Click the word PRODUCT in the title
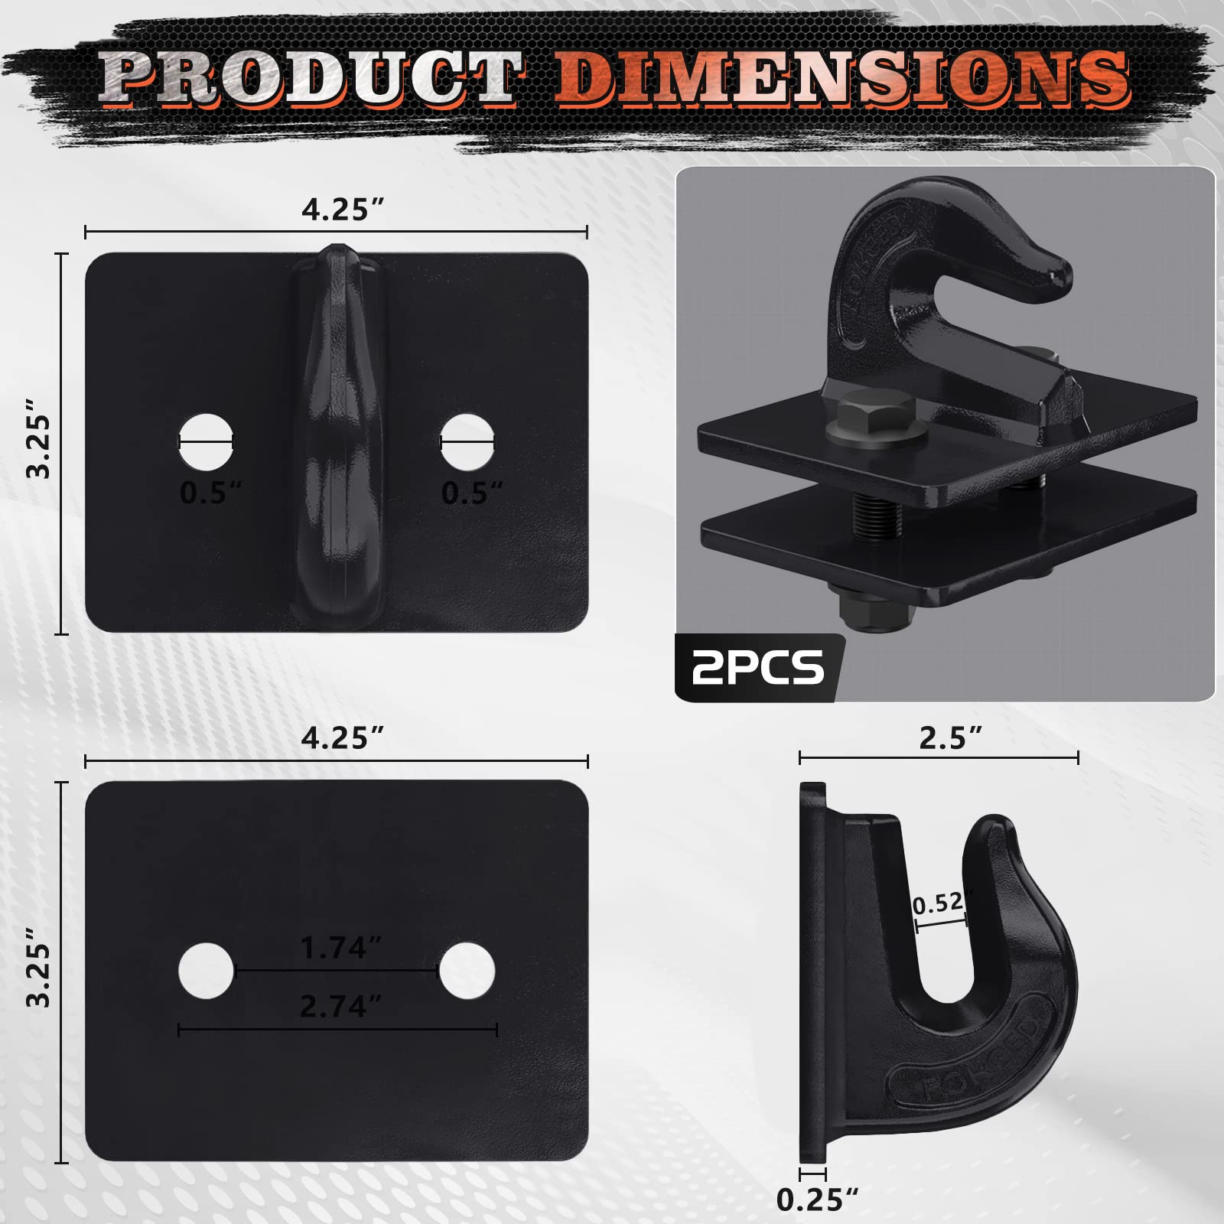click(310, 78)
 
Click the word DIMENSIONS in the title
click(841, 78)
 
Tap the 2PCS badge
click(758, 667)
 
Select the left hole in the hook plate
click(206, 441)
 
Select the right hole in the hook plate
click(467, 441)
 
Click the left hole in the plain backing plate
click(206, 971)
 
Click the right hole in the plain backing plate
click(467, 971)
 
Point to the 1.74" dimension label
click(340, 949)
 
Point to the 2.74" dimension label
click(340, 1006)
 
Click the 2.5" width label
click(949, 739)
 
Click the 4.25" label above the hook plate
click(342, 210)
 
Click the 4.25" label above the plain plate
click(342, 739)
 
